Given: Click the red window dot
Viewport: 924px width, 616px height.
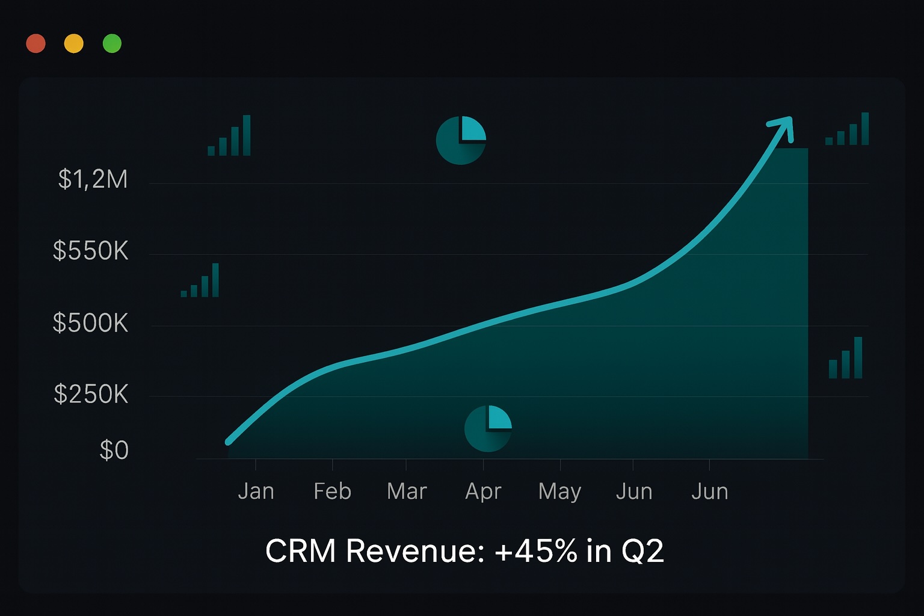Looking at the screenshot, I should click(x=36, y=43).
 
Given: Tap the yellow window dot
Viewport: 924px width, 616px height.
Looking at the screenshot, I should click(x=74, y=43).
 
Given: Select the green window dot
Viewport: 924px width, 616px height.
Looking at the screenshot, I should click(x=112, y=43).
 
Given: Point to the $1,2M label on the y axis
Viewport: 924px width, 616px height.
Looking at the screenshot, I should click(x=93, y=179).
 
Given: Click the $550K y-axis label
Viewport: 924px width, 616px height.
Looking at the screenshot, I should click(x=91, y=251).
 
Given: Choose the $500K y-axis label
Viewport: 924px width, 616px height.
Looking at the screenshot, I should click(x=91, y=323).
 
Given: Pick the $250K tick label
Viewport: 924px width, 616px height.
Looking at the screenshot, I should click(x=91, y=394).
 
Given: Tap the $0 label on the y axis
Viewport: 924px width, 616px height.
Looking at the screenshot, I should click(x=114, y=450).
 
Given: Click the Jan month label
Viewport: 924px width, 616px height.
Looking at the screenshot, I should click(x=256, y=491).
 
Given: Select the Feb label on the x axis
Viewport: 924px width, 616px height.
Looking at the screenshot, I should click(x=333, y=491).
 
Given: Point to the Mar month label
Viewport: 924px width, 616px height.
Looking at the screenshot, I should click(x=407, y=491).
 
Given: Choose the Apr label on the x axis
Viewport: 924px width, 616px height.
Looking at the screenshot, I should click(x=483, y=491).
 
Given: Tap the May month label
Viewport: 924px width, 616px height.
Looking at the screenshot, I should click(x=559, y=491).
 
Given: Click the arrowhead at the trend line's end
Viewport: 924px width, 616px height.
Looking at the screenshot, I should click(x=783, y=125).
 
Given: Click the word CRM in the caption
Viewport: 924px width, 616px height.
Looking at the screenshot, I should click(x=300, y=550).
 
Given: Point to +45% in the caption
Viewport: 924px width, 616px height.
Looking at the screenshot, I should click(x=536, y=550).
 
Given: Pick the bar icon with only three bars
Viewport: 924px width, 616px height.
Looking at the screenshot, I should click(x=845, y=359).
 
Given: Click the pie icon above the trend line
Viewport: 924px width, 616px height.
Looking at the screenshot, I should click(x=461, y=140).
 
